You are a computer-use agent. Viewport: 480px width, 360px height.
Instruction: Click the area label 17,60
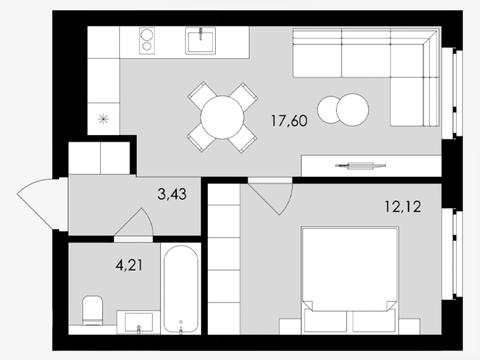(289, 120)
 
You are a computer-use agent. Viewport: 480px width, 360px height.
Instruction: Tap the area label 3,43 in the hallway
(172, 194)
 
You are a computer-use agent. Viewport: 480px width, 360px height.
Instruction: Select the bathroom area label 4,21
(129, 265)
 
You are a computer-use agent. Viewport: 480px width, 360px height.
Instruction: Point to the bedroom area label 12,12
(403, 207)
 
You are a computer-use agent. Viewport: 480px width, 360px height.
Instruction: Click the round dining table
(223, 117)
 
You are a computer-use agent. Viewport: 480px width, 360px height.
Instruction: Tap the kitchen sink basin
(201, 40)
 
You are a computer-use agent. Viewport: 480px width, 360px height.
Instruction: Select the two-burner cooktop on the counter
(147, 40)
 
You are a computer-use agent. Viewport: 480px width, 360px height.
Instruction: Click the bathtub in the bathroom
(181, 289)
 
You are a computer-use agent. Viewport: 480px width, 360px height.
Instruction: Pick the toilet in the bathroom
(92, 310)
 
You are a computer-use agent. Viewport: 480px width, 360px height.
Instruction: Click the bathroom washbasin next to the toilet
(139, 322)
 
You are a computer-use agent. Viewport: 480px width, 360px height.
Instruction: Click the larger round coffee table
(353, 110)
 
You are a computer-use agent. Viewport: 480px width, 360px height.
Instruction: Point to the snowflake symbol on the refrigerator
(103, 119)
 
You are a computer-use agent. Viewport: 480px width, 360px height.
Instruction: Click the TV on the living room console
(361, 165)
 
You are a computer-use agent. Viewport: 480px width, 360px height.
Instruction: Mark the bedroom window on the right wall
(453, 254)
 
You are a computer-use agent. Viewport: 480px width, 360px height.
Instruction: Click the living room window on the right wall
(452, 93)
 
